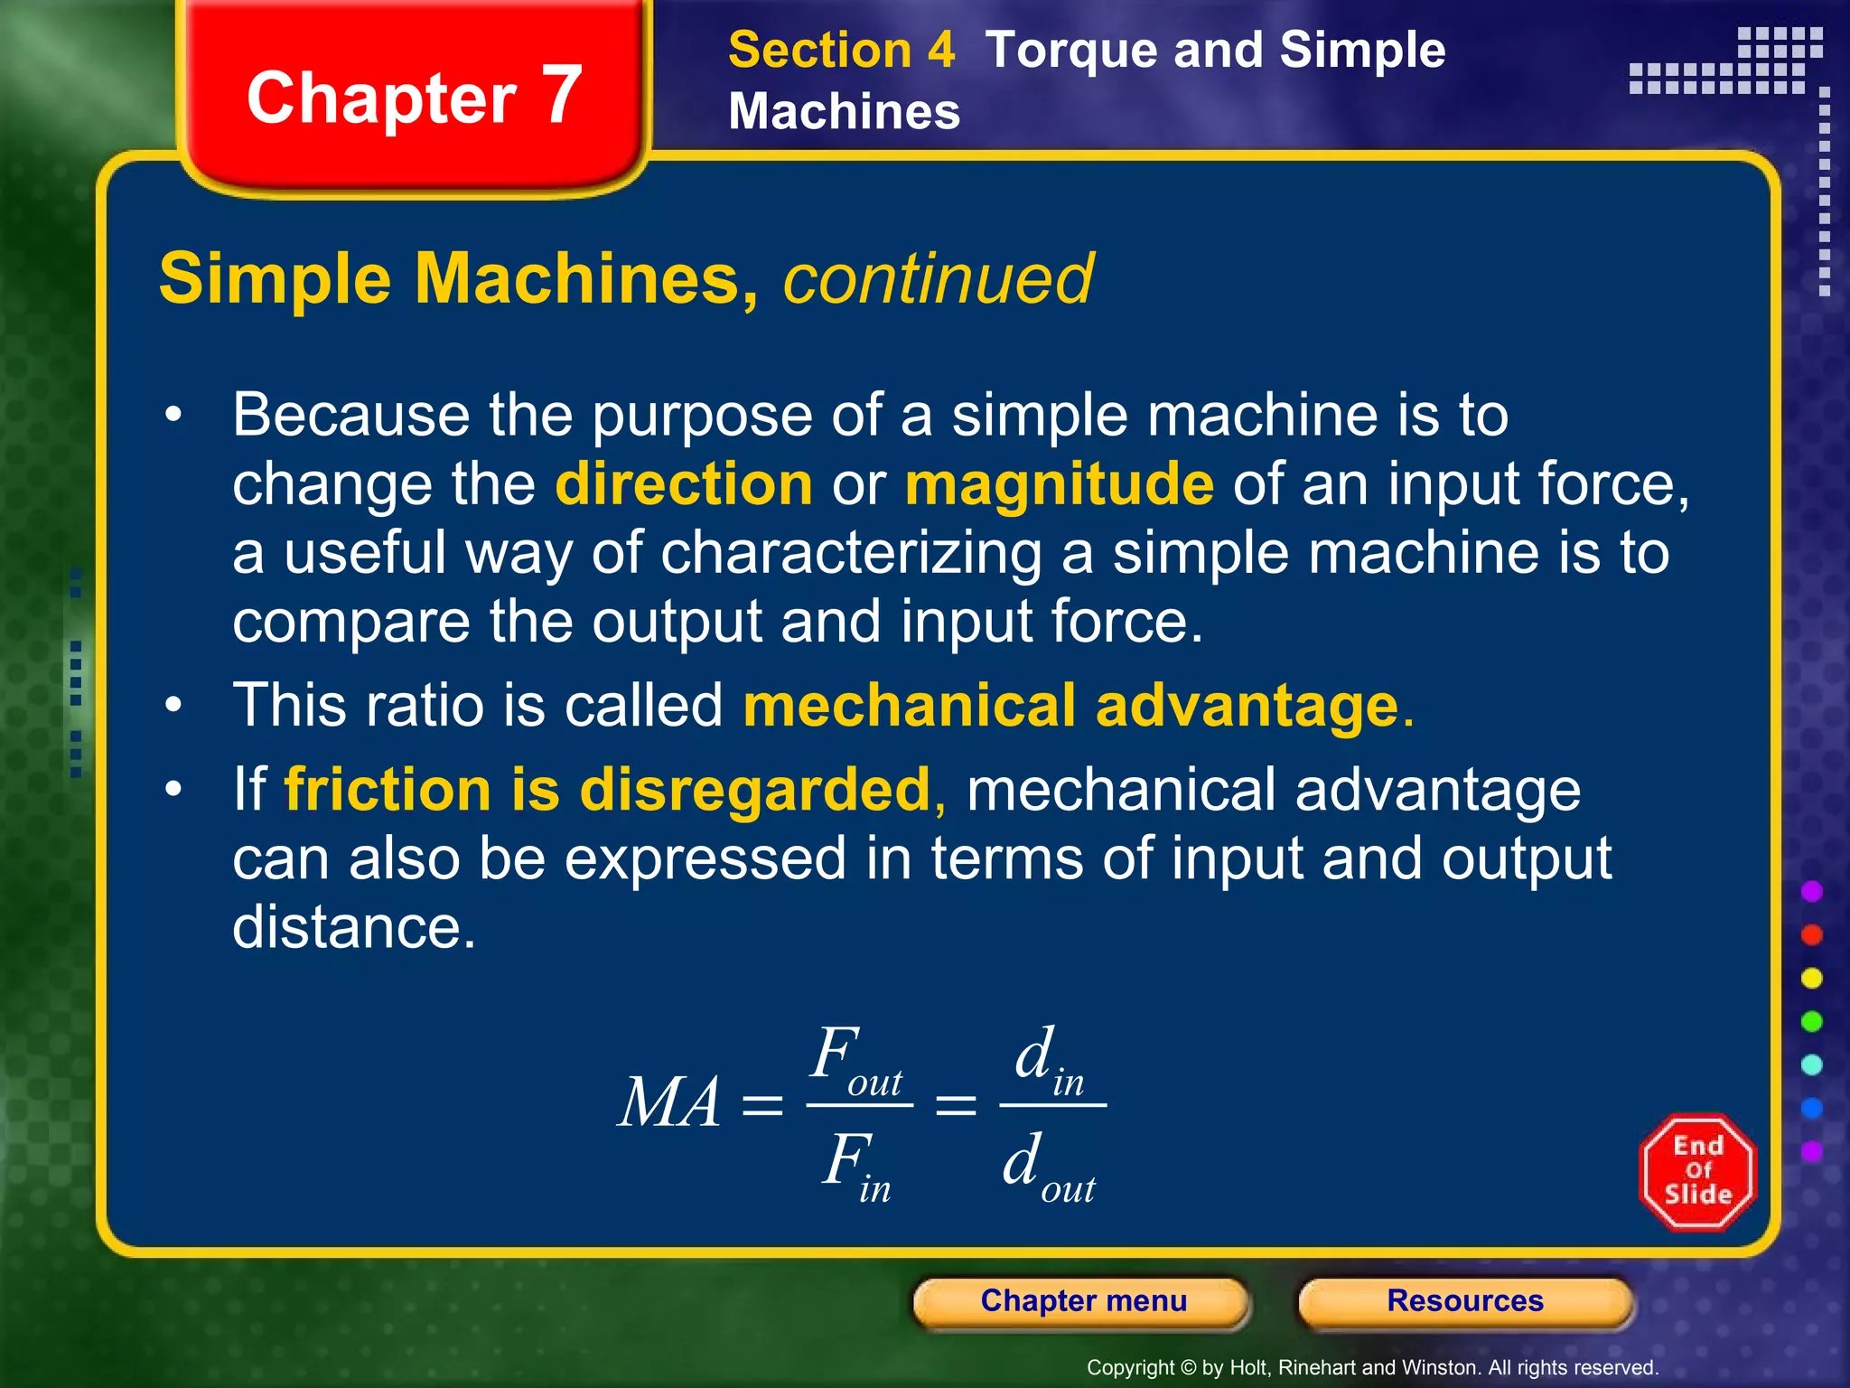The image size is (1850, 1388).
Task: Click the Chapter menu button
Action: point(1082,1301)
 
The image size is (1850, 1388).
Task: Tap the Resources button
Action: point(1464,1301)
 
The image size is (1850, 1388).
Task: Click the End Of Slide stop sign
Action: point(1697,1171)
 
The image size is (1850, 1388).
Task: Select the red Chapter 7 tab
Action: point(414,97)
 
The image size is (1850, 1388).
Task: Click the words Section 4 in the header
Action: point(841,50)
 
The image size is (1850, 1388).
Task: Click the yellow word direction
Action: point(684,483)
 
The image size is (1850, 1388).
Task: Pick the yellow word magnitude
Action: point(1060,485)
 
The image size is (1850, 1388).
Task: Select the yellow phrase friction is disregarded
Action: point(607,790)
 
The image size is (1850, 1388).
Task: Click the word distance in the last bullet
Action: point(353,928)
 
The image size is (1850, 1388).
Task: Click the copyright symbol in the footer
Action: point(1189,1368)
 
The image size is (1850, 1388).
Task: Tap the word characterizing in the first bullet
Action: point(851,554)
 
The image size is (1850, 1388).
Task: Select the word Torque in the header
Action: point(1070,52)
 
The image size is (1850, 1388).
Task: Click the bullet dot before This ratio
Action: point(173,704)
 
